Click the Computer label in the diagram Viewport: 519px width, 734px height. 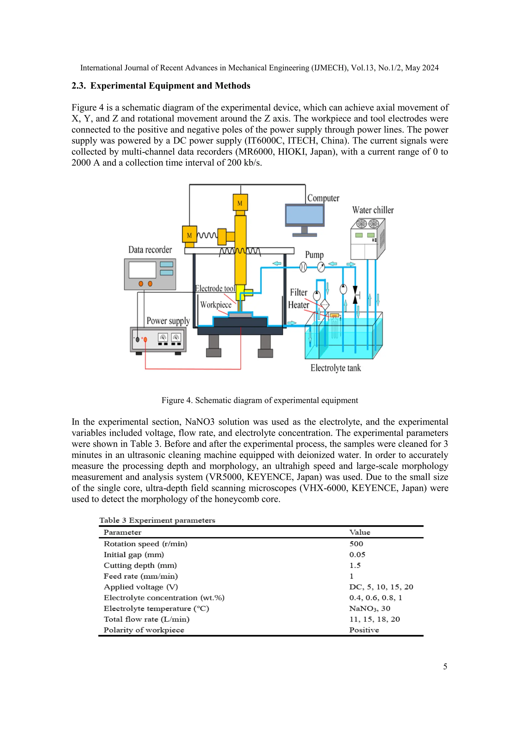point(323,198)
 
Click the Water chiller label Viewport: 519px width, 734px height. point(373,210)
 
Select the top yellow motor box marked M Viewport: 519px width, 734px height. point(240,202)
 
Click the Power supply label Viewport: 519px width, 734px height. point(168,321)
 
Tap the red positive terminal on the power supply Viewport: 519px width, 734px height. point(145,340)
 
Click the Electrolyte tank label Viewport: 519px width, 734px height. point(336,368)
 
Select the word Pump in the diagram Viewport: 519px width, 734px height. point(314,255)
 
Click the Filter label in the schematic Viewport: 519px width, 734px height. point(298,292)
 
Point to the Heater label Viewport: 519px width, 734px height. point(298,305)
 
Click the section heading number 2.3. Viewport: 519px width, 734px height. point(78,86)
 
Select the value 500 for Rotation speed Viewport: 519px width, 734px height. point(356,544)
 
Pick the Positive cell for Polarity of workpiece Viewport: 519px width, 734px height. point(364,630)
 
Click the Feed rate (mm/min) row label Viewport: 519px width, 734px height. point(140,576)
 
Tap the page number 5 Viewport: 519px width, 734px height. point(445,667)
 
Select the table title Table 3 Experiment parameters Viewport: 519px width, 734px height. point(157,520)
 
